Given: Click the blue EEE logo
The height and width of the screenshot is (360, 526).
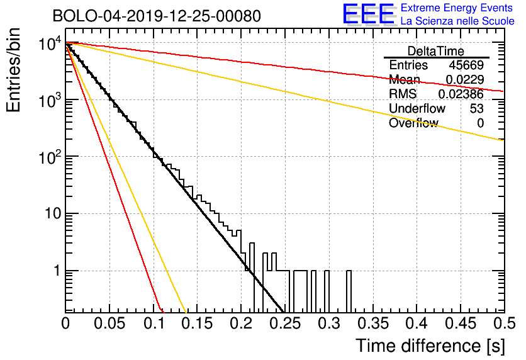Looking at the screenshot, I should [x=369, y=14].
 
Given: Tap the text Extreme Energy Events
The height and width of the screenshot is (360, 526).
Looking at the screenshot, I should [x=457, y=8].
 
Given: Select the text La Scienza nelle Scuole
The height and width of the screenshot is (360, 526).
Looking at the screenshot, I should [x=457, y=21].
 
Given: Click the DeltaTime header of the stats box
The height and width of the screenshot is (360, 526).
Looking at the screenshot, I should [x=436, y=51].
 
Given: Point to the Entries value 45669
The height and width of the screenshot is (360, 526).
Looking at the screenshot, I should [x=466, y=65].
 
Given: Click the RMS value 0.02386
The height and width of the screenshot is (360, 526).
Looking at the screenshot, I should [x=461, y=94].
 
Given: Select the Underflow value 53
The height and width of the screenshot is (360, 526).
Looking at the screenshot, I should [x=477, y=109].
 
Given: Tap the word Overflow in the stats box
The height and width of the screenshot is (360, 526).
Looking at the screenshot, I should [x=413, y=123].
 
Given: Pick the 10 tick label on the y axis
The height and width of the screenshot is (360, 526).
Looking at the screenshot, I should [x=50, y=214].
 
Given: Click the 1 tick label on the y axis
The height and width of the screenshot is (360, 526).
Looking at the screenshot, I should [x=55, y=271].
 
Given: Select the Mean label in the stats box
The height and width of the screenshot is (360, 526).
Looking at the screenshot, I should [x=403, y=80].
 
